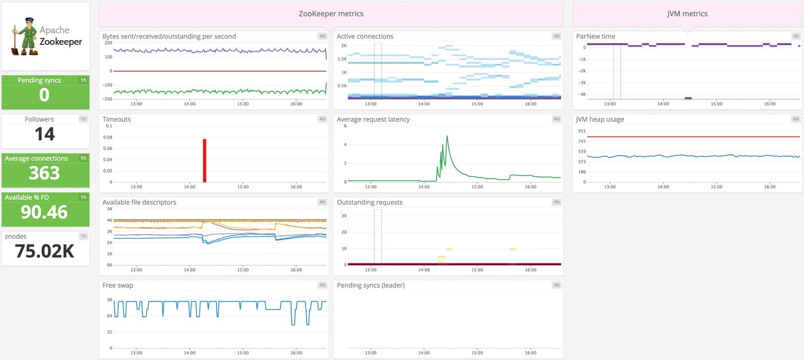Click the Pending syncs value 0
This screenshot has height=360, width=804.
pyautogui.click(x=44, y=95)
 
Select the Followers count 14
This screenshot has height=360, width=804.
pyautogui.click(x=44, y=134)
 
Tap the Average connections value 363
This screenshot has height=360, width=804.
pyautogui.click(x=44, y=173)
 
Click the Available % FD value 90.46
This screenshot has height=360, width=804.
pyautogui.click(x=44, y=212)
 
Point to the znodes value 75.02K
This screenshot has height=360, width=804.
pyautogui.click(x=44, y=251)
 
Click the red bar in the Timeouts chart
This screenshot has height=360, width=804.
pyautogui.click(x=204, y=161)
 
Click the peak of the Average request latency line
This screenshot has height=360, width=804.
pyautogui.click(x=447, y=137)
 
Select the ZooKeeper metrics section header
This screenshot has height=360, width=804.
pyautogui.click(x=331, y=14)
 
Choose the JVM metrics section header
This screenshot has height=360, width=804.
pyautogui.click(x=687, y=14)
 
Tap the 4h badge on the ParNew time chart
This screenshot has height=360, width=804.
pyautogui.click(x=795, y=36)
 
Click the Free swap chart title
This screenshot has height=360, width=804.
pyautogui.click(x=117, y=285)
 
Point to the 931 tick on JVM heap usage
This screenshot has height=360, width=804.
pyautogui.click(x=581, y=131)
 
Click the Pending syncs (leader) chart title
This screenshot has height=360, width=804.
pyautogui.click(x=370, y=285)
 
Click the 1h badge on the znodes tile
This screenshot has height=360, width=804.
pyautogui.click(x=83, y=237)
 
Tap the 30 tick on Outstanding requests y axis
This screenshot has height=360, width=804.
pyautogui.click(x=343, y=216)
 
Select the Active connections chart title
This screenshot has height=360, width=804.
pyautogui.click(x=365, y=36)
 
